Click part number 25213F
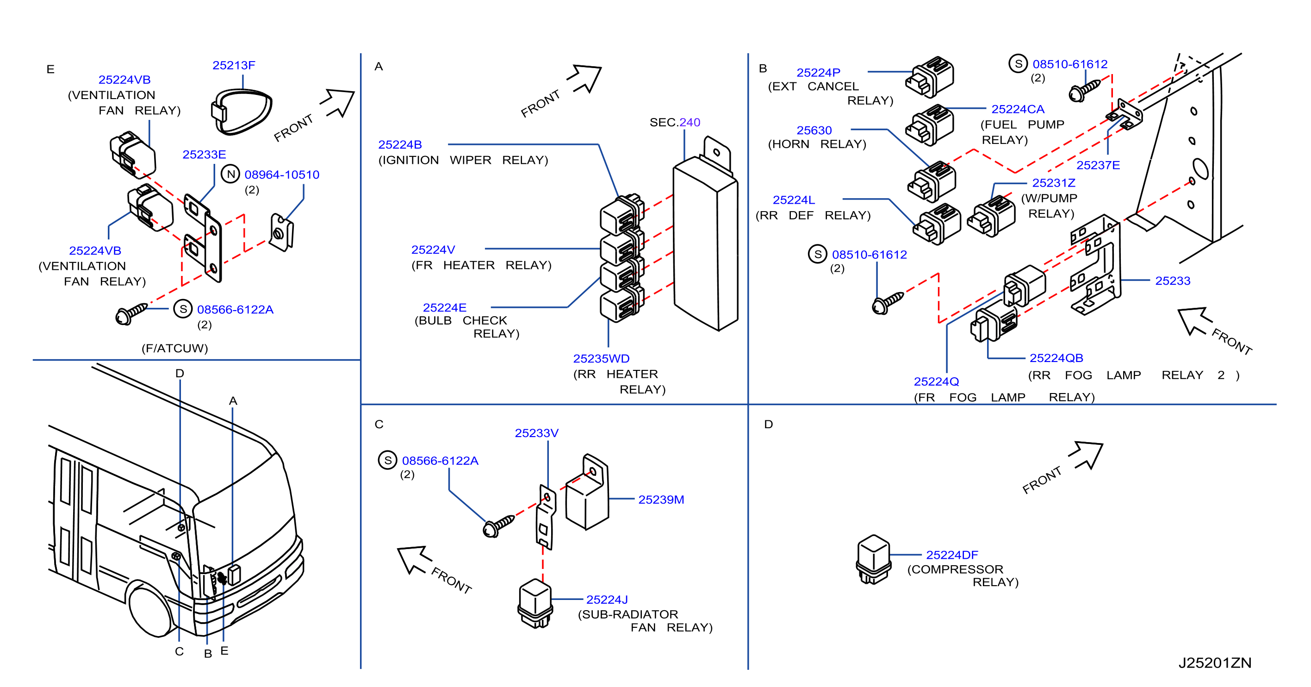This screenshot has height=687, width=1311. click(234, 65)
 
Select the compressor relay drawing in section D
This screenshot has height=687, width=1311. click(873, 559)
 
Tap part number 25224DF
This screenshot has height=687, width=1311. click(952, 555)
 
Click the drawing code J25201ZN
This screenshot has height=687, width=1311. click(1215, 662)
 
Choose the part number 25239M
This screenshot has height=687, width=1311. click(661, 500)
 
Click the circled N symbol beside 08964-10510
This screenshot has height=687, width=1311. click(230, 174)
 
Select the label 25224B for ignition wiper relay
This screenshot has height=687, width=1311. click(400, 144)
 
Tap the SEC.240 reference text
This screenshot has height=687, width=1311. click(675, 122)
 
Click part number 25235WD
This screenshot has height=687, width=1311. click(602, 358)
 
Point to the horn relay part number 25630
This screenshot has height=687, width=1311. click(814, 131)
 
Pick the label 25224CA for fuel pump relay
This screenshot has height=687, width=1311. click(1018, 109)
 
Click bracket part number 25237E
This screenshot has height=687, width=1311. click(1098, 165)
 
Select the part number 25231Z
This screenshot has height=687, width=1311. click(1054, 183)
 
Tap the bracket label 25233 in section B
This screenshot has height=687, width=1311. click(1173, 281)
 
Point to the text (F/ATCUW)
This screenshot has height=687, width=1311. click(174, 348)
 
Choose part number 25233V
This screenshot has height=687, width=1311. click(536, 433)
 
